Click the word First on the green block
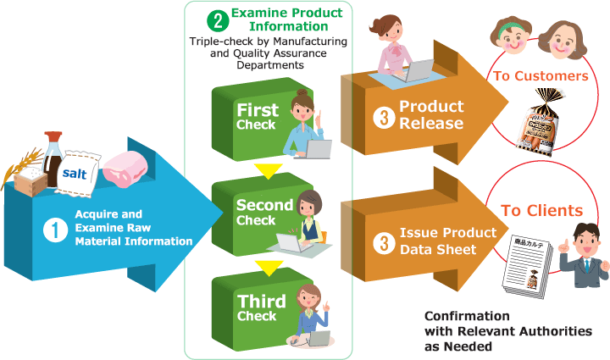[258, 110]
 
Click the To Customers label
[540, 76]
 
